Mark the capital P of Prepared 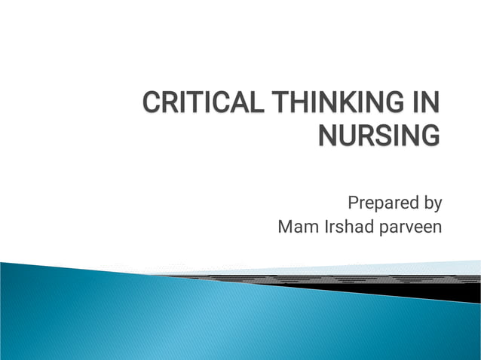coord(352,203)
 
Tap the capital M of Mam coord(286,227)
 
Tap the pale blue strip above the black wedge coord(422,268)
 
